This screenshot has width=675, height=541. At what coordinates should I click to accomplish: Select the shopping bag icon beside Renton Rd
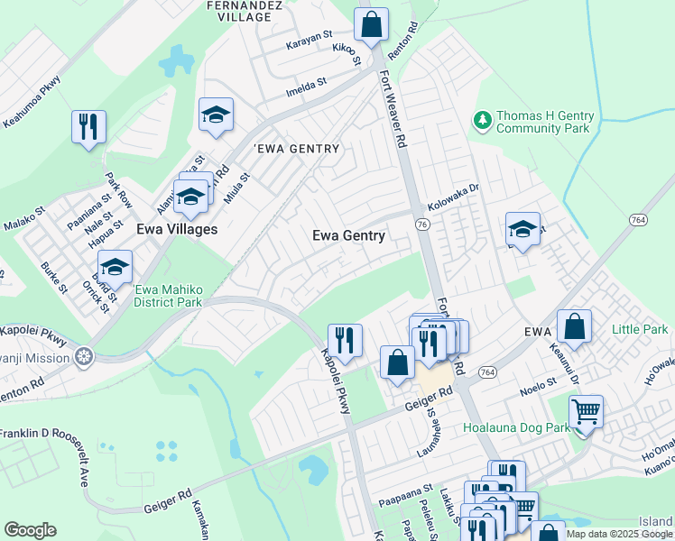[x=371, y=25]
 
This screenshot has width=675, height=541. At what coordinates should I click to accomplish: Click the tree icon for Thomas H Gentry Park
[x=483, y=119]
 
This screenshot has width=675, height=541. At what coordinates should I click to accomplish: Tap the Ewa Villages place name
[x=177, y=229]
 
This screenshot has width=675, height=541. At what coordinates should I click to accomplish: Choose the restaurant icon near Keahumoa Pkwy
[x=88, y=127]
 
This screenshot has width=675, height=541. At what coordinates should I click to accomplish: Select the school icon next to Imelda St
[x=216, y=115]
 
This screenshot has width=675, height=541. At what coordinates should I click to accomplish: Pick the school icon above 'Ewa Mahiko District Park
[x=115, y=268]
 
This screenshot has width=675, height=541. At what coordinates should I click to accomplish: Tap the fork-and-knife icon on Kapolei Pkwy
[x=344, y=341]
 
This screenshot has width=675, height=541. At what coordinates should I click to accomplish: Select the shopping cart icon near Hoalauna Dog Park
[x=586, y=413]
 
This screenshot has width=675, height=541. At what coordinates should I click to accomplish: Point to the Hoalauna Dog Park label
[x=516, y=427]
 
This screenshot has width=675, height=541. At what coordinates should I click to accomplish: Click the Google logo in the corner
[x=30, y=530]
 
